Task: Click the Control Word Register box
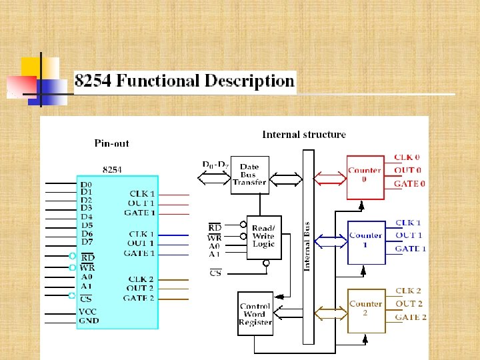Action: click(255, 314)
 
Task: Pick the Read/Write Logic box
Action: click(263, 237)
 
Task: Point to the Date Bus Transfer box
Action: click(249, 175)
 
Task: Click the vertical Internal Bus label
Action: click(307, 246)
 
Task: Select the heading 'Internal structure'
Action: click(304, 135)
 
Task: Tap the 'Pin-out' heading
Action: click(111, 143)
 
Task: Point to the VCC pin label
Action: click(88, 311)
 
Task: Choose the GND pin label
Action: click(88, 321)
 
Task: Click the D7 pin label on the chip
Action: click(87, 241)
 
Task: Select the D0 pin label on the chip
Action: click(87, 185)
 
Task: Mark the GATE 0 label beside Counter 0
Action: click(409, 183)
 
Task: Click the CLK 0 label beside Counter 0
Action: click(407, 157)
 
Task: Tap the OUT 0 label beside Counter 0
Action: click(407, 171)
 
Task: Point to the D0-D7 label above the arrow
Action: click(215, 164)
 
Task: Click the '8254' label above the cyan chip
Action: click(112, 169)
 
